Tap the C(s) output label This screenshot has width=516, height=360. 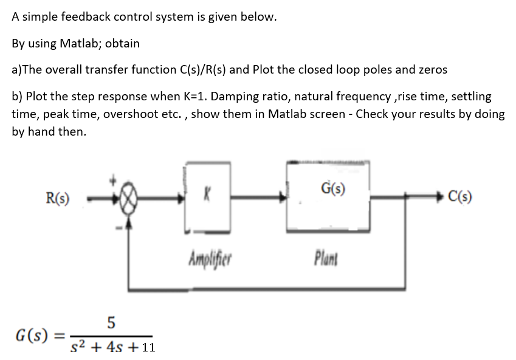click(x=460, y=196)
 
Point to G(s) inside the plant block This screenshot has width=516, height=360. click(x=332, y=187)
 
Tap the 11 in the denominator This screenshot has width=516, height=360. click(x=148, y=348)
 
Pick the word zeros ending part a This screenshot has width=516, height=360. click(x=432, y=69)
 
